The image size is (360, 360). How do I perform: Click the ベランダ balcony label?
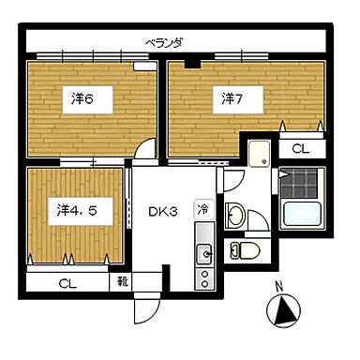[164, 43]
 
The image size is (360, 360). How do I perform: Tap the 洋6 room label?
[82, 99]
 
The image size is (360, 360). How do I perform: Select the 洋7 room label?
[232, 99]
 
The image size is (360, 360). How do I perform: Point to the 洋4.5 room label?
[77, 211]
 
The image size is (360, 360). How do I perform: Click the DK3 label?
[163, 212]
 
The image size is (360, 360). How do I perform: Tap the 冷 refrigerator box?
[202, 209]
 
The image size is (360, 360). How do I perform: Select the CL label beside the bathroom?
[300, 149]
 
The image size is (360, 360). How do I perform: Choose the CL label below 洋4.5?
[67, 284]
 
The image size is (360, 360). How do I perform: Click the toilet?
[246, 250]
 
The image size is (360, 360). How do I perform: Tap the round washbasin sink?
[235, 215]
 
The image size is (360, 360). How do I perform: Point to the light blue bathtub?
[302, 214]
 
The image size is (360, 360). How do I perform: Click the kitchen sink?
[204, 254]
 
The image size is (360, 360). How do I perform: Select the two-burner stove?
[204, 278]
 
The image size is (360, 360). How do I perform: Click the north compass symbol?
[283, 310]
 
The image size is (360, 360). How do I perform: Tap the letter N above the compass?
[279, 285]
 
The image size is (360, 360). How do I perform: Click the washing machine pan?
[259, 154]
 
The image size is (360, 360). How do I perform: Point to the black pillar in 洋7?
[192, 64]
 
